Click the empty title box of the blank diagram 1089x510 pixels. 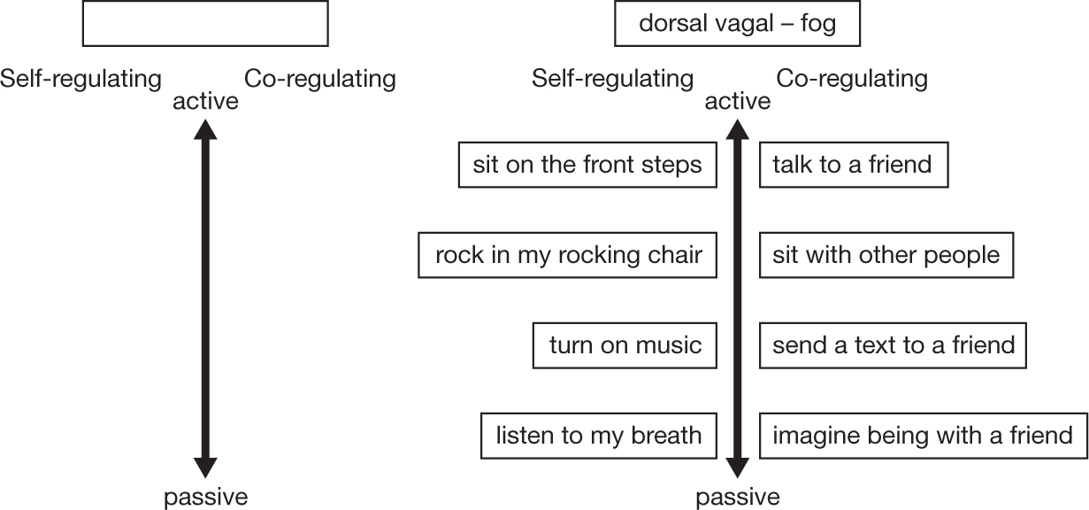coord(205,24)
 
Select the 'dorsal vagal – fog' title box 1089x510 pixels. coord(737,24)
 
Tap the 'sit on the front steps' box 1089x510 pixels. coord(587,166)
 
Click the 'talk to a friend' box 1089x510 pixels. coord(853,166)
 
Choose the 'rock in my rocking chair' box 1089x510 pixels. coord(567,256)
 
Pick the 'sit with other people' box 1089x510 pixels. coord(886,256)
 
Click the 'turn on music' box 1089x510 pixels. coord(625,344)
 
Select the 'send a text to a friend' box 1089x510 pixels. coord(893,344)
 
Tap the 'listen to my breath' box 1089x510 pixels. coord(598,435)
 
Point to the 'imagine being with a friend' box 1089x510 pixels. coord(922,435)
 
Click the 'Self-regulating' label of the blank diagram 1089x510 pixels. coord(81,79)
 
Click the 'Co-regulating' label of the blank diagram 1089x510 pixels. coord(320,79)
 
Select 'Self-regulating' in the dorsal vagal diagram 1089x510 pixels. coord(612,79)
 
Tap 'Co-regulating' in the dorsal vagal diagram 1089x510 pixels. coord(852,79)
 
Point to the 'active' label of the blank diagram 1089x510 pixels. coord(205,102)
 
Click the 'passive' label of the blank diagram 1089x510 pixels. coord(205,496)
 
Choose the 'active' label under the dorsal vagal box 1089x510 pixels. coord(737,102)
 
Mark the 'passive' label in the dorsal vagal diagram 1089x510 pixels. coord(737,496)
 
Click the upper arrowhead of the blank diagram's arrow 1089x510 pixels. coord(205,130)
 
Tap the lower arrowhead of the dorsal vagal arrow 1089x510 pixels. coord(737,467)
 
